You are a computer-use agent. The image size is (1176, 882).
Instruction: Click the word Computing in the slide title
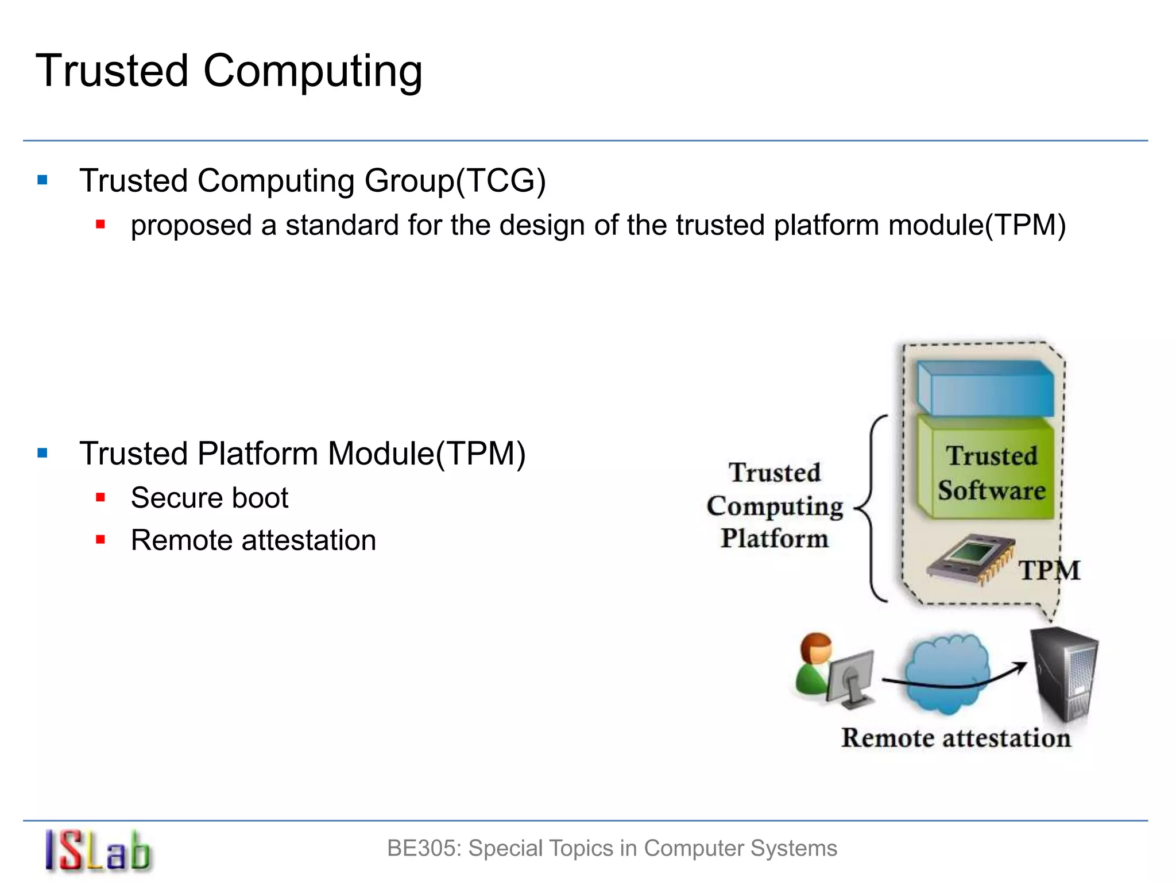point(312,72)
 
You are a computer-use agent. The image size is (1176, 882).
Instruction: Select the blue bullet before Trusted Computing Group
point(42,180)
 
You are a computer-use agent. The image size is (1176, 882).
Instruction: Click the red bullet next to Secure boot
point(100,497)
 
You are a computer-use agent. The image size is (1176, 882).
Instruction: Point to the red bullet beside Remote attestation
point(100,540)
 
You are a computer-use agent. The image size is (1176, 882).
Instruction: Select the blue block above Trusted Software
point(985,388)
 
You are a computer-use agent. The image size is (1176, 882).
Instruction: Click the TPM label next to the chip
point(1050,571)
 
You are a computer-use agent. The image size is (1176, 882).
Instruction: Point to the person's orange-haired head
point(817,648)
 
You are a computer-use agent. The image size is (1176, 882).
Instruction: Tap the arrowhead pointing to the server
point(1021,666)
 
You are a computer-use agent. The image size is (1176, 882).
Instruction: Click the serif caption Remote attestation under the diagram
point(956,738)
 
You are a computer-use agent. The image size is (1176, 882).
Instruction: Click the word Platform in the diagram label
point(775,539)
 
